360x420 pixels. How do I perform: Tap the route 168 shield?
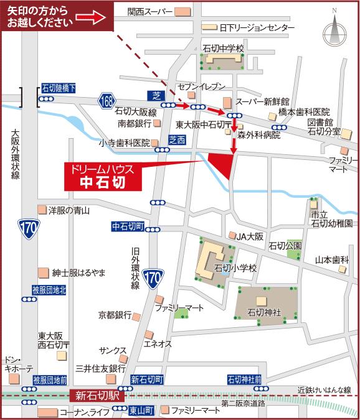click(107, 100)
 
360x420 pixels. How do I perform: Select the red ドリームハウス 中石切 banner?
click(103, 176)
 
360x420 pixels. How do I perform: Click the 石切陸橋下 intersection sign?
click(58, 89)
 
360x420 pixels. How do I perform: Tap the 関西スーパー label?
click(150, 11)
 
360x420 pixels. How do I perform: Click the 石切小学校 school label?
click(235, 268)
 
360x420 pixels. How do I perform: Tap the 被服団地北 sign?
click(49, 291)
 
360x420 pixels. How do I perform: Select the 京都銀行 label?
click(115, 315)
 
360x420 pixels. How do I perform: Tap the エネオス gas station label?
click(158, 343)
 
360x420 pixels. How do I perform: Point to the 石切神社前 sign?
click(244, 379)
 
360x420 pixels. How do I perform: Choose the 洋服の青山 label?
click(69, 210)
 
